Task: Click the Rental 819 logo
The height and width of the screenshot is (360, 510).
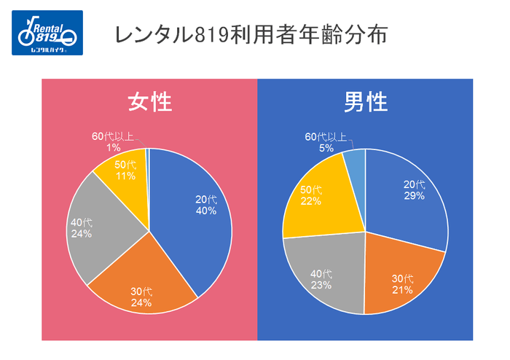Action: [47, 34]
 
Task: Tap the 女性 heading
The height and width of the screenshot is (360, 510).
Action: [149, 102]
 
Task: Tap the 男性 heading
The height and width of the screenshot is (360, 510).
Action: [366, 103]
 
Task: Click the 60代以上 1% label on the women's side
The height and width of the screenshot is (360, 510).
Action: [113, 141]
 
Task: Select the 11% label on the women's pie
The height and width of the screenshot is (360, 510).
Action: [126, 176]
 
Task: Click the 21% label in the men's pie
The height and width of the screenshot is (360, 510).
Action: [402, 289]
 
